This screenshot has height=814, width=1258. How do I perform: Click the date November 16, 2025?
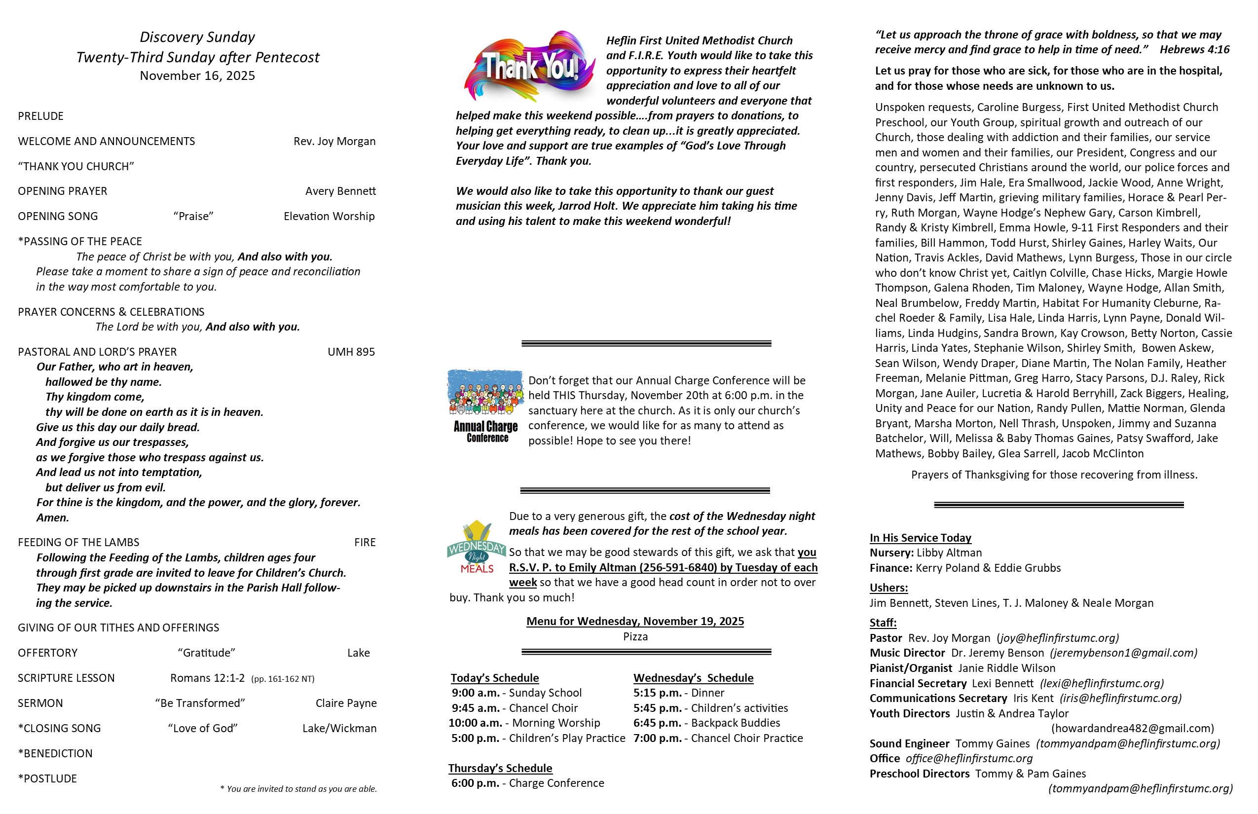(197, 75)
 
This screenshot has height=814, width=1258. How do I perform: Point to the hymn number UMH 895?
(351, 352)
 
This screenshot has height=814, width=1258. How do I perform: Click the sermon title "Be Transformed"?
(200, 703)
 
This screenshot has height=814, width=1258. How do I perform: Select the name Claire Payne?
(346, 703)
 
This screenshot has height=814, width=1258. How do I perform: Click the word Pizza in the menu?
(635, 636)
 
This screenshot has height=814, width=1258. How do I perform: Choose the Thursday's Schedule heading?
(500, 768)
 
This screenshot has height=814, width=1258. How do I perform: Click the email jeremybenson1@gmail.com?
(1124, 653)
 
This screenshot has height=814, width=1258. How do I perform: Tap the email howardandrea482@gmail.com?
(1133, 728)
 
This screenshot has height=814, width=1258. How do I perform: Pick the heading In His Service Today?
(920, 538)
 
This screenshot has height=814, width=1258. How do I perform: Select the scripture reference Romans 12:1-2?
(207, 678)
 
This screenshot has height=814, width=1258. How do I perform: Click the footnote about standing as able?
(298, 789)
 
